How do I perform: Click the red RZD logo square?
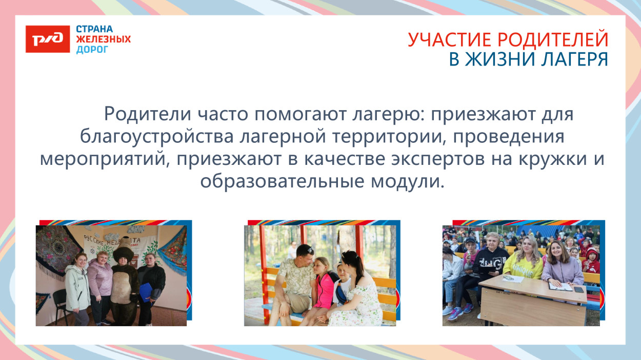48,39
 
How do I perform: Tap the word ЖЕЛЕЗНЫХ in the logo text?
103,39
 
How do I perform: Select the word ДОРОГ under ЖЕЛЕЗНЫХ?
92,50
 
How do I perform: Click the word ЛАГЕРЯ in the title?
575,59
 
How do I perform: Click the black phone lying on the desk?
579,289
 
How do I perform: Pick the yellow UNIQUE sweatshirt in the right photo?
524,266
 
